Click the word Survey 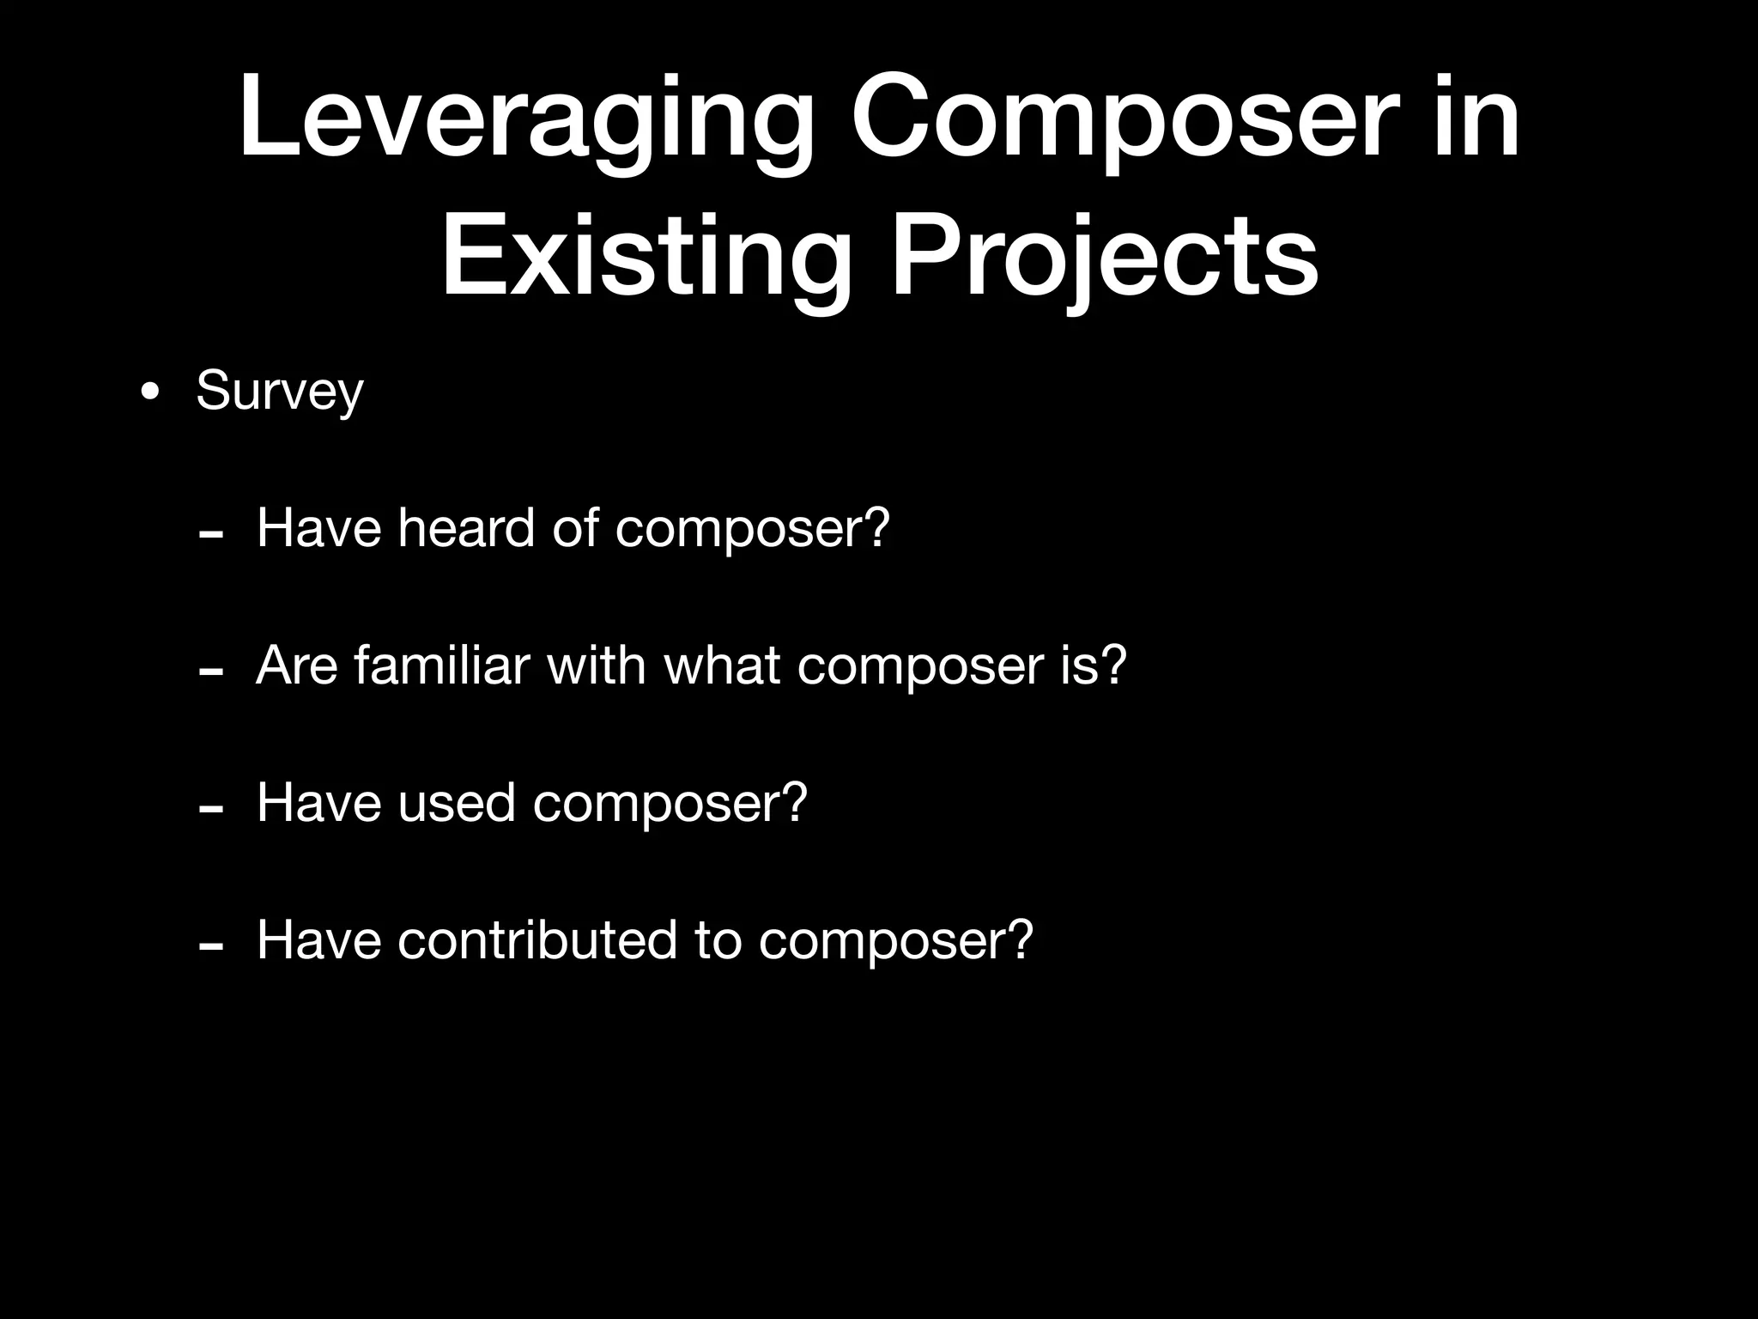280,392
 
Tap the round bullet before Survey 150,393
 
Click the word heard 466,527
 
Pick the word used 456,803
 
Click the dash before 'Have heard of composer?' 210,535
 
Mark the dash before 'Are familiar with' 210,672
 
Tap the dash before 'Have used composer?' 210,810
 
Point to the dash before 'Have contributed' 210,947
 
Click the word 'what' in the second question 722,665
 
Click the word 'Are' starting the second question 297,665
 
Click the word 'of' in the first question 574,527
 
